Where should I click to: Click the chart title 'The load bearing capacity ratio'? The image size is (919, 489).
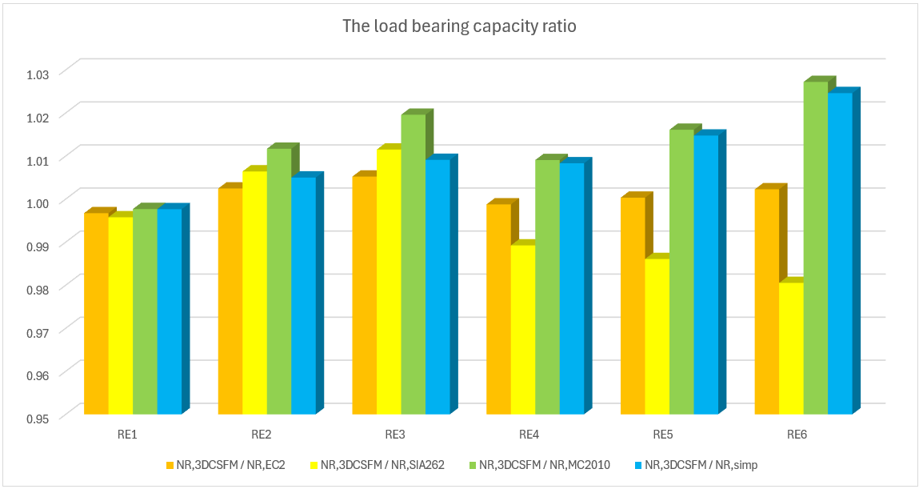(x=459, y=26)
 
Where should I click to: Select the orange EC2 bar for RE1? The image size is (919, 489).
(x=96, y=312)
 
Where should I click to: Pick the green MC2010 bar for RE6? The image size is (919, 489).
(x=815, y=247)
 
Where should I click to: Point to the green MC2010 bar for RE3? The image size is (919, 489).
(x=413, y=264)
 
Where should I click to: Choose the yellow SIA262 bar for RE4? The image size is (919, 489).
(x=522, y=329)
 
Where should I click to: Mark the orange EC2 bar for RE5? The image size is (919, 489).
(x=633, y=305)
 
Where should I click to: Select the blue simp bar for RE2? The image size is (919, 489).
(x=303, y=295)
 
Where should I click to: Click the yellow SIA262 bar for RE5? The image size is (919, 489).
(x=657, y=336)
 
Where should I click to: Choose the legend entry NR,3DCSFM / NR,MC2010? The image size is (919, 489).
(x=545, y=465)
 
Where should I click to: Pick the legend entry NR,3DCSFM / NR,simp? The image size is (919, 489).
(x=696, y=465)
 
